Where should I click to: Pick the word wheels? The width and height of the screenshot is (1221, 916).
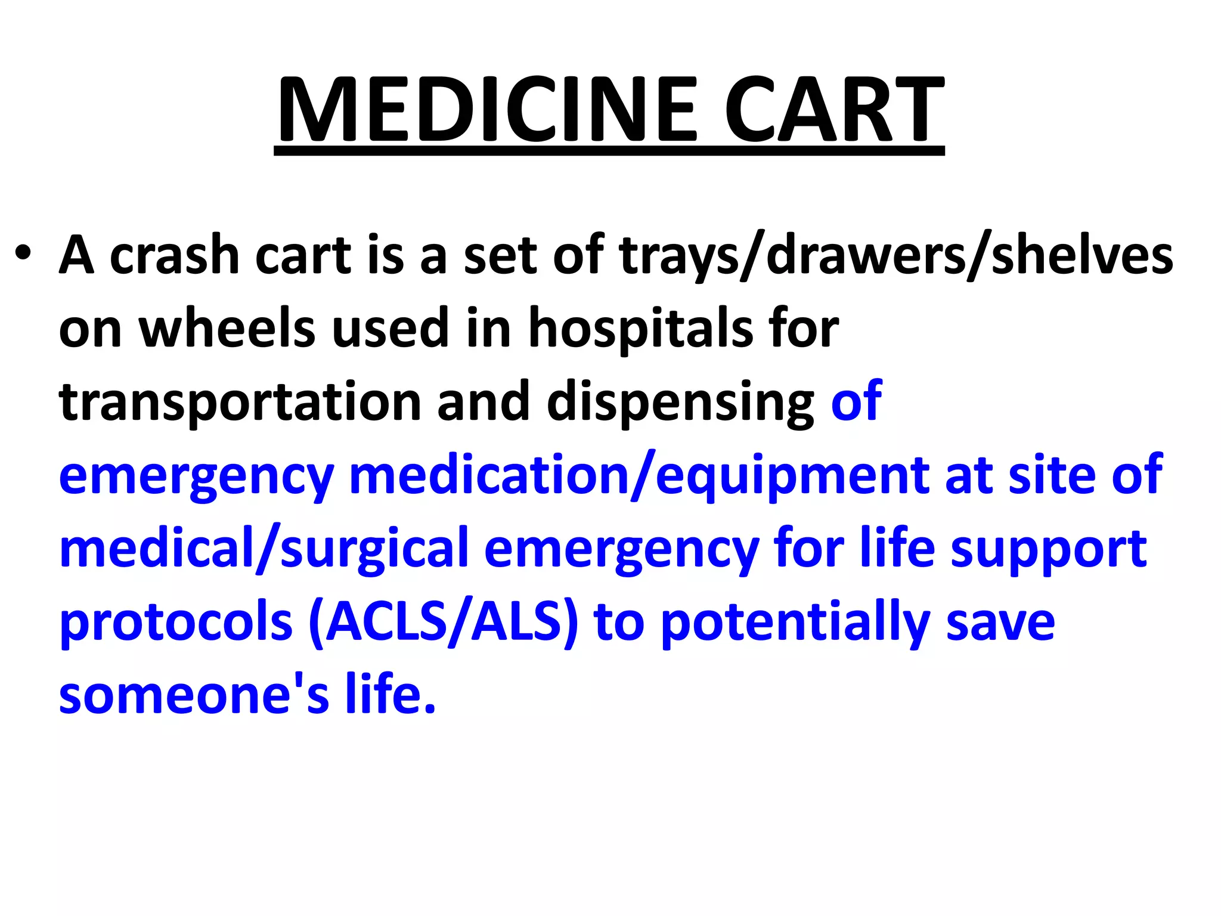pos(227,329)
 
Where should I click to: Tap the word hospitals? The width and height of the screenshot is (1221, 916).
pos(641,330)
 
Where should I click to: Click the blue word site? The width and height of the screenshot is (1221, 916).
pos(1052,475)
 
